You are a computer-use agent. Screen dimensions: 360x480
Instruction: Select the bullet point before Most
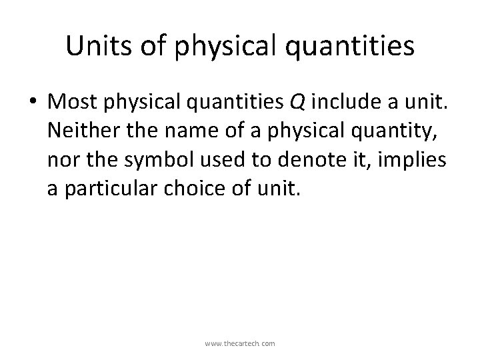click(35, 102)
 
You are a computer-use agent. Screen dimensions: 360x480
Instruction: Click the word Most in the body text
click(75, 102)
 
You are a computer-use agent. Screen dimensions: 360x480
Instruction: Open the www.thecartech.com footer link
click(240, 343)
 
